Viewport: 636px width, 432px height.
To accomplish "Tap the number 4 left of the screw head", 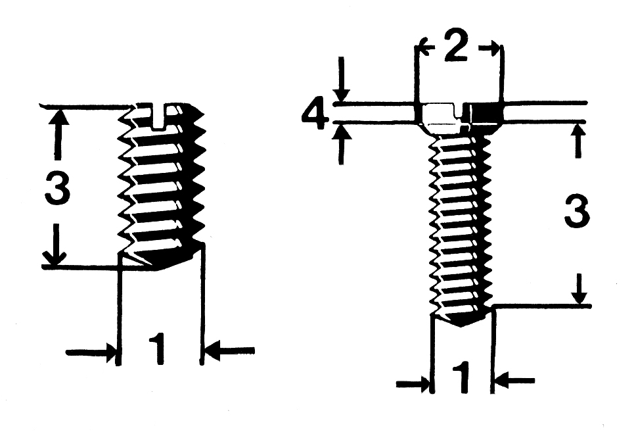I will coord(315,116).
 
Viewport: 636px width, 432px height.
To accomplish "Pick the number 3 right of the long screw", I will coord(576,213).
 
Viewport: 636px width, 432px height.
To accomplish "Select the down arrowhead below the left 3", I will coord(57,256).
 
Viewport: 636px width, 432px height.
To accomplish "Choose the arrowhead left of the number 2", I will coord(424,47).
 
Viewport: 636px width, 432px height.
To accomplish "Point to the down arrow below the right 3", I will coord(578,295).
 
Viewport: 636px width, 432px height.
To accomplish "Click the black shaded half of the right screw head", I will coord(487,113).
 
